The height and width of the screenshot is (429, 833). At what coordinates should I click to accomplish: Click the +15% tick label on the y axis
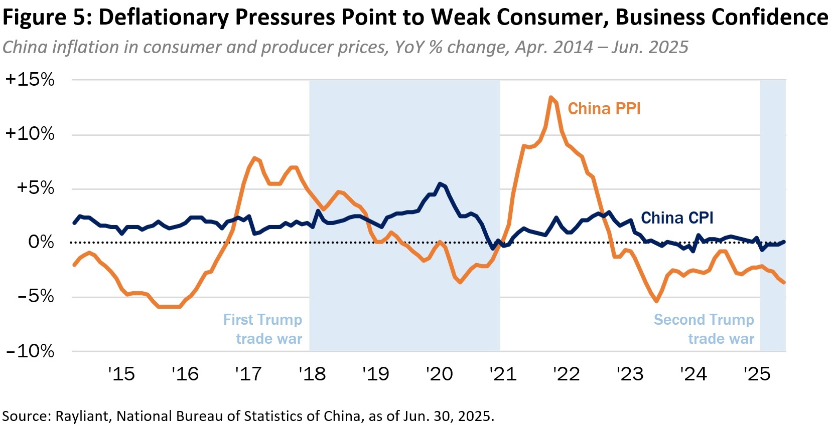click(30, 80)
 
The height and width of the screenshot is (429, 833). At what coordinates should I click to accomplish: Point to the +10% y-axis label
click(30, 134)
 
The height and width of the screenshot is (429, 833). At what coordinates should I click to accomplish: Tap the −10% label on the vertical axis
click(30, 351)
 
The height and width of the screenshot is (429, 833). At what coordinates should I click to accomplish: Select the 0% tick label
click(41, 242)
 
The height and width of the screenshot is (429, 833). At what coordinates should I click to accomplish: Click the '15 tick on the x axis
click(121, 374)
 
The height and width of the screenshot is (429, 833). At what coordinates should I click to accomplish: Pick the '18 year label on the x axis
click(312, 374)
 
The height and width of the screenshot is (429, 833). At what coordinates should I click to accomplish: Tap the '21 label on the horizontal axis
click(503, 374)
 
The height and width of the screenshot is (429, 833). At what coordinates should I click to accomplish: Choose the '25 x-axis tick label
click(757, 374)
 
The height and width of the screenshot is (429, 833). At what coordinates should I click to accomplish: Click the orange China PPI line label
click(604, 109)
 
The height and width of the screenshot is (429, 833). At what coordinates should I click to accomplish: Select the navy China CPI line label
click(677, 218)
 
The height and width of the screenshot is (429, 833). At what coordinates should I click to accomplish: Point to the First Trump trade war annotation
click(263, 329)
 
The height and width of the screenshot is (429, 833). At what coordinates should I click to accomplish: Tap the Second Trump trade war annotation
click(704, 329)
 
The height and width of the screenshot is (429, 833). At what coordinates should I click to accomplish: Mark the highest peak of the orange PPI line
click(551, 97)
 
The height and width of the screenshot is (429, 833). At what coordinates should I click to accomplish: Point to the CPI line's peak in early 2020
click(440, 184)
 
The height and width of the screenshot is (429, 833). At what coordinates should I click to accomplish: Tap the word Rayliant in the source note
click(82, 416)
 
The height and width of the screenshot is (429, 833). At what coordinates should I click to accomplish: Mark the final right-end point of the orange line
click(784, 283)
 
